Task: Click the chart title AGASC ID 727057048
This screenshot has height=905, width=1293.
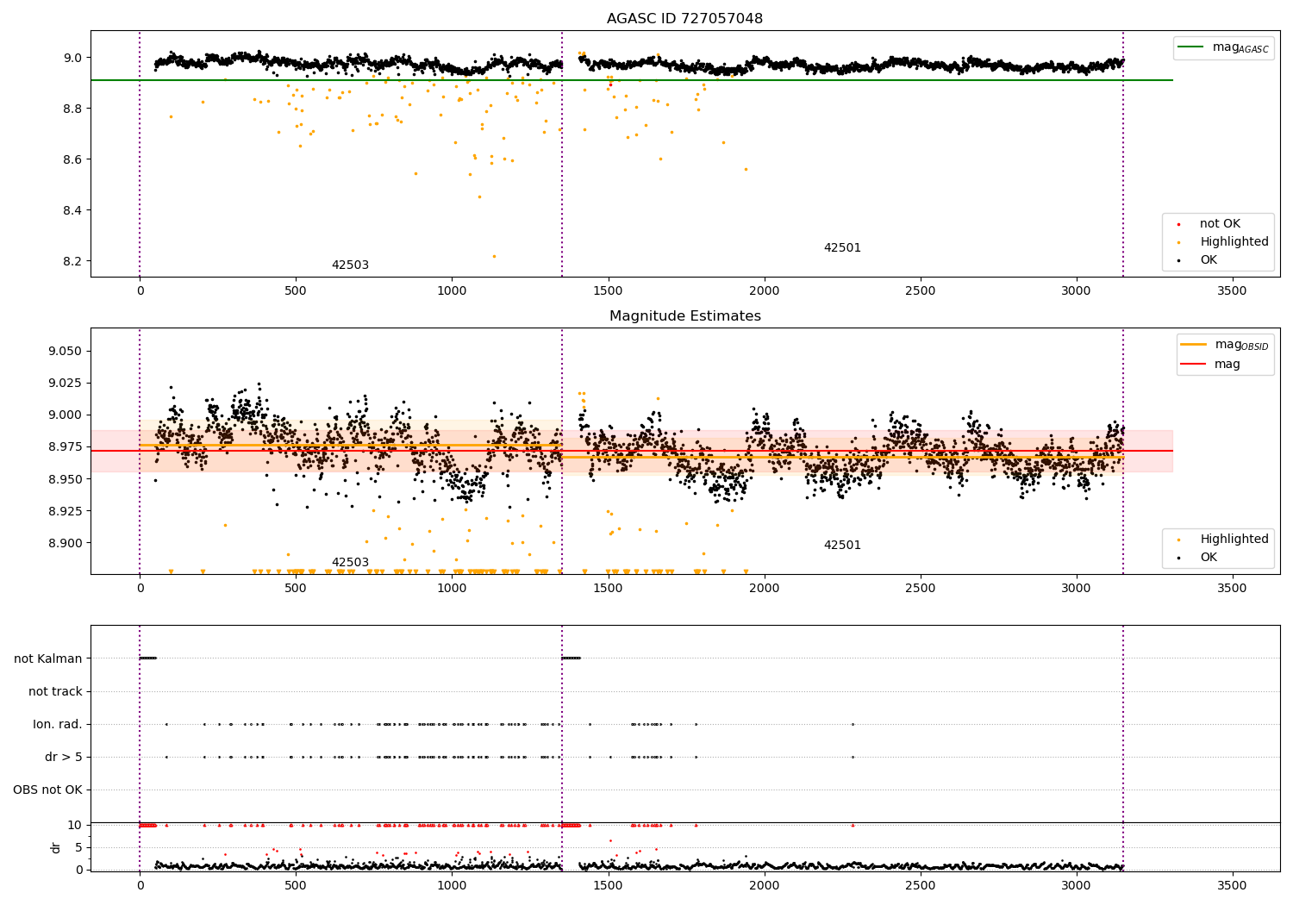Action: [x=684, y=19]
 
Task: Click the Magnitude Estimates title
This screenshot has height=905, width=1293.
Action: [x=684, y=316]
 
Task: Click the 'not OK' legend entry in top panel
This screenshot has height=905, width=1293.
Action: [x=1220, y=224]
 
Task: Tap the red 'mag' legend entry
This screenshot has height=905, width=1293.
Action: [x=1227, y=365]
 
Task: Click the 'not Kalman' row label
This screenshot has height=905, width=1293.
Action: [x=48, y=658]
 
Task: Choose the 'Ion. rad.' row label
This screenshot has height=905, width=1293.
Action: [x=58, y=725]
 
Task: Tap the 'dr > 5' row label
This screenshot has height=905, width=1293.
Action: [x=64, y=758]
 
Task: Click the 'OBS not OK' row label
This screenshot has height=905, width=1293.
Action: [x=48, y=790]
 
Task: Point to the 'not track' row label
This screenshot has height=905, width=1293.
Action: [x=55, y=691]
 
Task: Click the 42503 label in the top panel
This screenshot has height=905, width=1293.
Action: [x=350, y=265]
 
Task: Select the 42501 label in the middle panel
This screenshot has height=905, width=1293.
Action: [x=842, y=546]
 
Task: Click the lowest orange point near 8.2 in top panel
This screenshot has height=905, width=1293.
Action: [x=494, y=256]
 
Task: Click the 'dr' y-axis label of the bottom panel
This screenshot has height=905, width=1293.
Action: [x=56, y=847]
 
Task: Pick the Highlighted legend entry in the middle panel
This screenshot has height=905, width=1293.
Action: [x=1234, y=540]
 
